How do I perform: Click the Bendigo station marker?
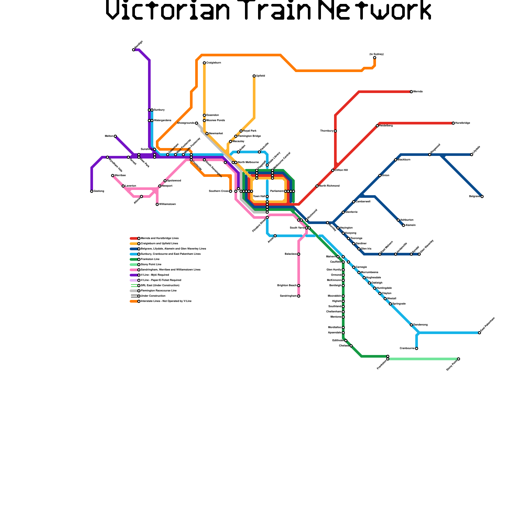point(134,50)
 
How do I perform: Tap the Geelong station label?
point(99,191)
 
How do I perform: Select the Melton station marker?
point(115,136)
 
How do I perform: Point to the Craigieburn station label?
point(214,63)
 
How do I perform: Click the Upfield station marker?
point(254,76)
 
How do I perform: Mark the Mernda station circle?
point(411,92)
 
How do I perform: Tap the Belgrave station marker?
point(482,196)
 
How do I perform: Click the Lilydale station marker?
point(472,155)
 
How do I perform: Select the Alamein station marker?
point(403,225)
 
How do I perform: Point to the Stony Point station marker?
point(458,359)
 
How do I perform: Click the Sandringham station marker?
point(299,296)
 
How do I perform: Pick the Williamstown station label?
point(167,204)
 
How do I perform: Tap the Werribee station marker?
point(113,176)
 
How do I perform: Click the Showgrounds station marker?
point(196,123)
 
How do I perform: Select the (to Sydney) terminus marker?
point(375,58)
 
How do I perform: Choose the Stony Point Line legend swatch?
point(134,265)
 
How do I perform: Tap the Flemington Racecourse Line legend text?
point(159,291)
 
